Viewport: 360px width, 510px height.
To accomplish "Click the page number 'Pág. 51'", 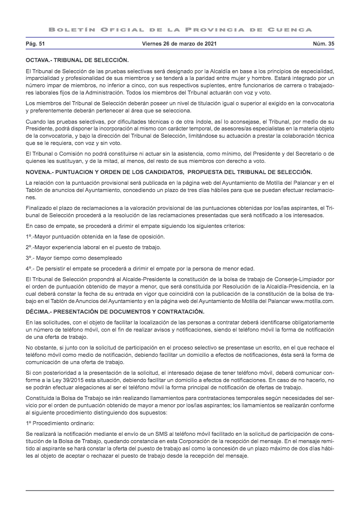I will pos(35,44).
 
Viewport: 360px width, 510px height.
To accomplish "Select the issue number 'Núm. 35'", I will pos(324,44).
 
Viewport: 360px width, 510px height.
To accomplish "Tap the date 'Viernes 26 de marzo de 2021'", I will pos(179,44).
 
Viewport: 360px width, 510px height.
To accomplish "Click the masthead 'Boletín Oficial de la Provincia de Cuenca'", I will pos(180,30).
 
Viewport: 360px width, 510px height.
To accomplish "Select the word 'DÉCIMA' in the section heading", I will pos(38,311).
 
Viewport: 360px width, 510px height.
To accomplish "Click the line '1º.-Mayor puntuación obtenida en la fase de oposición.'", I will pos(95,236).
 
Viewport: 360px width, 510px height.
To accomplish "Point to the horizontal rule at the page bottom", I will pos(180,491).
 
